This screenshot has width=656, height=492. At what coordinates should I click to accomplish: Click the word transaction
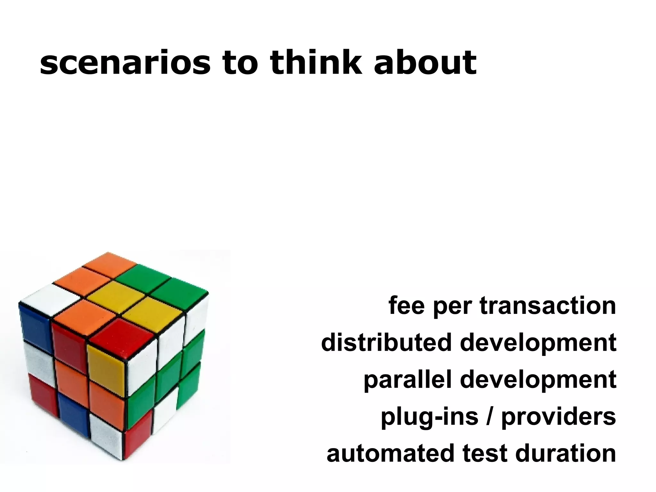[x=548, y=306]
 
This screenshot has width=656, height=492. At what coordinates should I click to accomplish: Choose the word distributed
[x=387, y=342]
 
